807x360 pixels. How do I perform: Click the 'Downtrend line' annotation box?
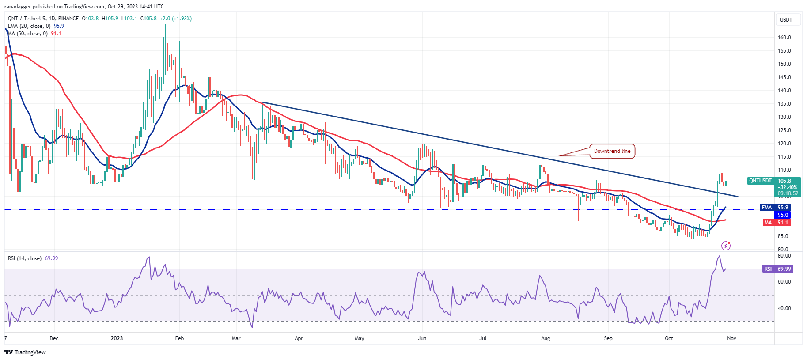coord(612,151)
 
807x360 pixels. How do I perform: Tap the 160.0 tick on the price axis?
coord(784,38)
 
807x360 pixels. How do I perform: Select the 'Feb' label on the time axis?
coord(179,338)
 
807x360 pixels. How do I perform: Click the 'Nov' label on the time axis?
coord(731,338)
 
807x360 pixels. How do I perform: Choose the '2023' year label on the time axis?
coord(117,338)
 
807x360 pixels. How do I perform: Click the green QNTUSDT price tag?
coord(760,181)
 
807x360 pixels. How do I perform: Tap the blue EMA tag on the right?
coord(766,208)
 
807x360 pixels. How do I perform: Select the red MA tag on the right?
coord(768,223)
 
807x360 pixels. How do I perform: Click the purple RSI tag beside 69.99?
coord(768,269)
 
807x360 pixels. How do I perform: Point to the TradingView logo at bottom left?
coord(25,352)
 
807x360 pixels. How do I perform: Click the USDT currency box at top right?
coord(786,20)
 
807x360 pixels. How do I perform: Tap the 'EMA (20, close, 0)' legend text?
coord(29,26)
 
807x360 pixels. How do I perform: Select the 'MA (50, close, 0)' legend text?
coord(28,34)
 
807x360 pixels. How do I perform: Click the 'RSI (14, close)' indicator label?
coord(25,258)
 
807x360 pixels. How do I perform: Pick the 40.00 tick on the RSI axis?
coord(784,308)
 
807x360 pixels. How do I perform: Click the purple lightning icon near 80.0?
coord(726,246)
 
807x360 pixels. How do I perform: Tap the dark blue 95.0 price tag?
coord(783,215)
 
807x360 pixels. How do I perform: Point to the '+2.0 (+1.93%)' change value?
coord(175,19)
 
